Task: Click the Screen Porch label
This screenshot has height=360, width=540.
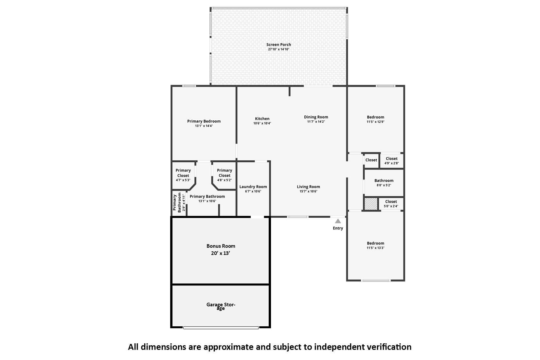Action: [279, 45]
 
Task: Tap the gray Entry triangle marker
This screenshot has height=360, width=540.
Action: [338, 221]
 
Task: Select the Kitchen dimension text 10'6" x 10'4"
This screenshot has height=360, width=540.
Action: [262, 123]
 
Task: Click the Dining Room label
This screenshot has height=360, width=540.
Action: [316, 117]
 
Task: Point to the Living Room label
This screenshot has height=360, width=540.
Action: [308, 187]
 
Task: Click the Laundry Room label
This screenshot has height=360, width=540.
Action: [253, 187]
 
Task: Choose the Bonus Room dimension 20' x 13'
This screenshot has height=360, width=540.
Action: [221, 253]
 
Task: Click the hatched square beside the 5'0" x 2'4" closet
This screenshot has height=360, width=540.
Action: [371, 204]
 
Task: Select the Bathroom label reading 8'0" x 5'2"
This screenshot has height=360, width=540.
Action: [384, 181]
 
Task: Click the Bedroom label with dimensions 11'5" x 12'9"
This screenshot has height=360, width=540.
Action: [375, 117]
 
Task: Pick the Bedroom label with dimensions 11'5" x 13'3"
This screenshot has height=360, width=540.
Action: [375, 243]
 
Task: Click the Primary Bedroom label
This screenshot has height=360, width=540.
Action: [204, 121]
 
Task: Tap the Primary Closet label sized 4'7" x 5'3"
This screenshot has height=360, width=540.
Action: [183, 173]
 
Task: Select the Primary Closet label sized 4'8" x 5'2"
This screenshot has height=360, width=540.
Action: [224, 173]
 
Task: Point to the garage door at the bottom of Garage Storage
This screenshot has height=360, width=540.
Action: [221, 327]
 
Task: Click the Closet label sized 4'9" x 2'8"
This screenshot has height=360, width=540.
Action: [391, 159]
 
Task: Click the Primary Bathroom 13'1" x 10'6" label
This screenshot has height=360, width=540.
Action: [207, 196]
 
